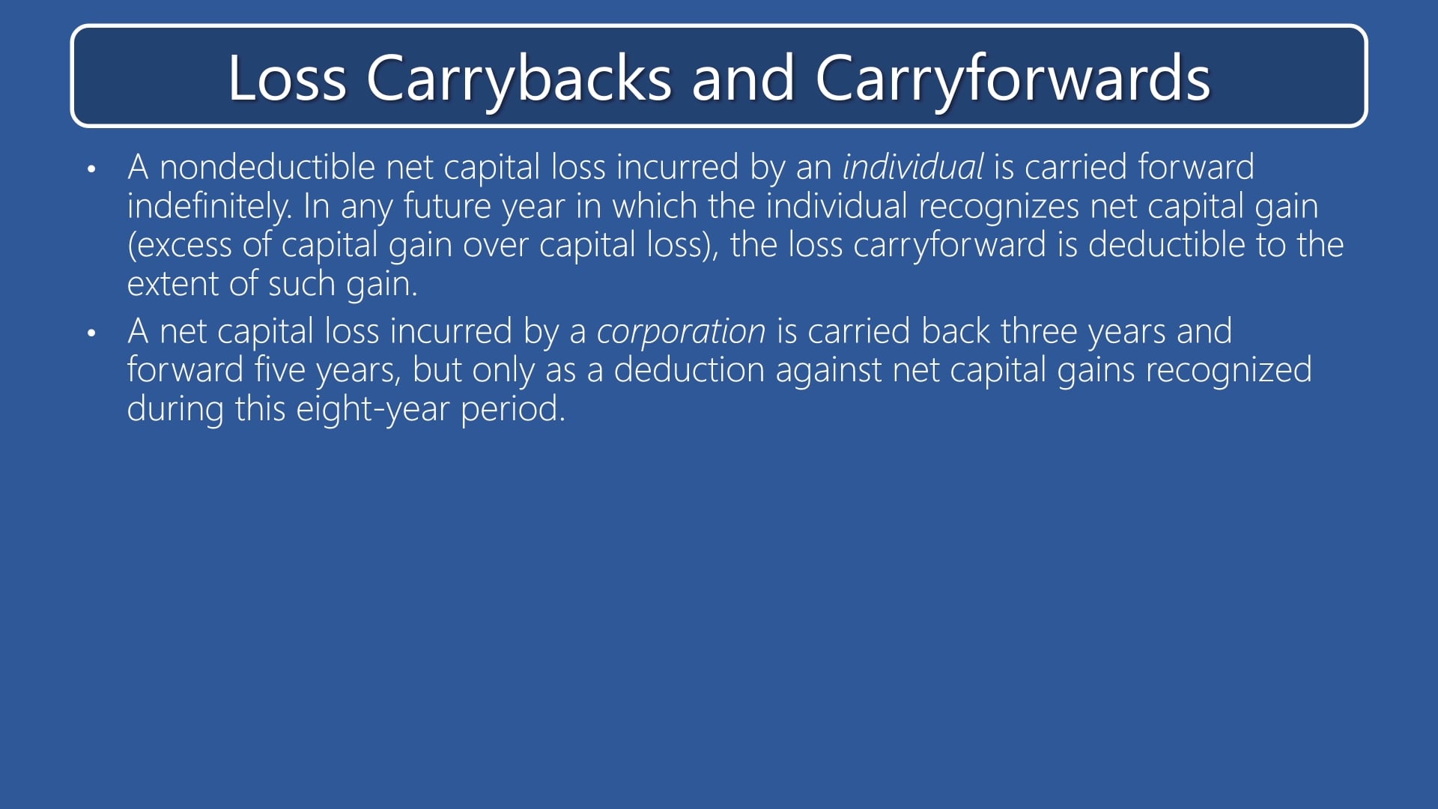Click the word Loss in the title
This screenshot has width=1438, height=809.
(287, 78)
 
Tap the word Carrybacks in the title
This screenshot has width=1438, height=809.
(518, 78)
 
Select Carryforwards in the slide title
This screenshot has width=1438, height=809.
(1012, 78)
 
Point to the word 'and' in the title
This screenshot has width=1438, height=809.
(742, 78)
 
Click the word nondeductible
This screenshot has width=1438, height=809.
(267, 166)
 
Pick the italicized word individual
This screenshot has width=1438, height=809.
(912, 166)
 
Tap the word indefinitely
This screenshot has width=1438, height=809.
(209, 206)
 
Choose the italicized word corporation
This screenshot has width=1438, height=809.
(681, 331)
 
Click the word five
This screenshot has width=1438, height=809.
(279, 370)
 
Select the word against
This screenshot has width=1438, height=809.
(828, 370)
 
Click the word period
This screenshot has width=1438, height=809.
(512, 409)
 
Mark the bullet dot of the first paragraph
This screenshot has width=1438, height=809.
(91, 169)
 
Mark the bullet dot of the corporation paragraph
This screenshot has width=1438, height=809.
(91, 333)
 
